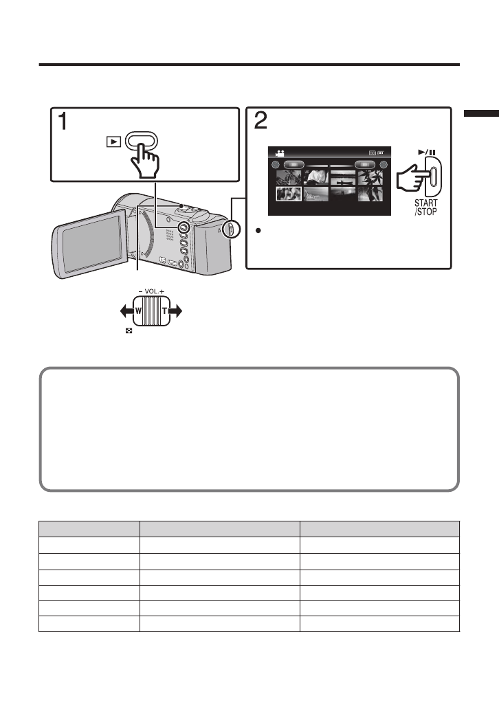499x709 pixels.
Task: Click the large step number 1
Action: click(x=62, y=122)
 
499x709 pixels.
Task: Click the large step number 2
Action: click(x=261, y=122)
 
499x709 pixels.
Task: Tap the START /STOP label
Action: click(x=425, y=207)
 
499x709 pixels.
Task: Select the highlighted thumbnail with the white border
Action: click(x=289, y=193)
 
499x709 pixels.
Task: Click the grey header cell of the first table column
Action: click(x=89, y=528)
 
